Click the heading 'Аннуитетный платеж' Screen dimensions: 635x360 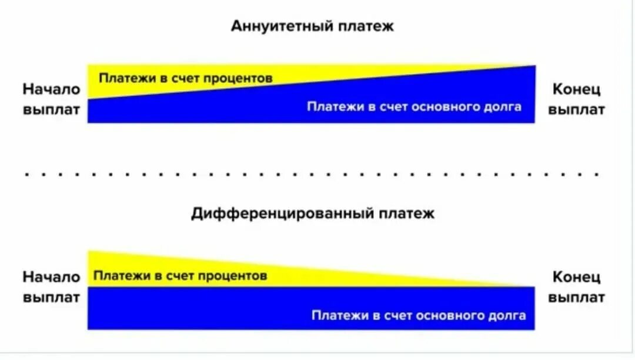(x=312, y=26)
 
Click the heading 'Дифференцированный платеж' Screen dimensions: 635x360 (x=313, y=214)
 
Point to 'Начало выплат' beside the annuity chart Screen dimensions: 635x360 (x=52, y=99)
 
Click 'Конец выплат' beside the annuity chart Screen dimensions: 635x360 (x=576, y=99)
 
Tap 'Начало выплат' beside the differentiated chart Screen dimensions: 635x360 (x=52, y=286)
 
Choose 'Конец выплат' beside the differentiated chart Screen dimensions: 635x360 (x=576, y=286)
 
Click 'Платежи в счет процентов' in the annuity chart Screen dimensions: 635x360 (x=185, y=78)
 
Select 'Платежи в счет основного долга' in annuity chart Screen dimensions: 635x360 (x=413, y=107)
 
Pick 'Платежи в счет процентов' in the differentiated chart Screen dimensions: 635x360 (x=180, y=275)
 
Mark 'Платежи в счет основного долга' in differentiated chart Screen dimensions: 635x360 (x=418, y=315)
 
